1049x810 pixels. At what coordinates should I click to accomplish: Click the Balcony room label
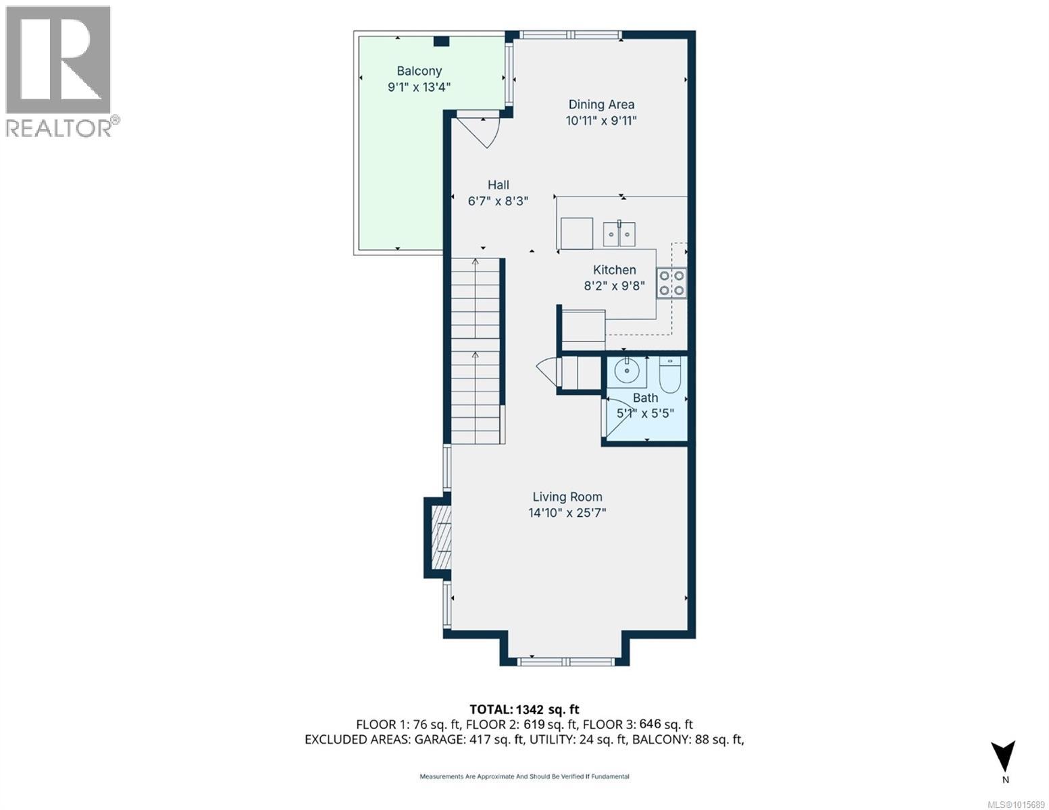tap(419, 71)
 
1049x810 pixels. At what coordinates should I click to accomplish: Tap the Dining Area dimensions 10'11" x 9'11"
tap(601, 121)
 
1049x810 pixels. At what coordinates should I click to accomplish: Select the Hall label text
tap(498, 185)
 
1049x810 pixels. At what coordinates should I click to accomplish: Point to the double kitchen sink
tap(619, 234)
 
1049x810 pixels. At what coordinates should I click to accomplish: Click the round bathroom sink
tap(627, 371)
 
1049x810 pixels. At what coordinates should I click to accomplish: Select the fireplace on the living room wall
tap(438, 537)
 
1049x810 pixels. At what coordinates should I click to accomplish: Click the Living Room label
tap(567, 497)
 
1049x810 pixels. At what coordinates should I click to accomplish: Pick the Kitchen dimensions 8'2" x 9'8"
tap(615, 286)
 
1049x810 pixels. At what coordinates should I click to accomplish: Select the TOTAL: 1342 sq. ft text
tap(524, 709)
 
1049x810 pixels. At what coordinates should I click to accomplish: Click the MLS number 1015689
tap(1017, 805)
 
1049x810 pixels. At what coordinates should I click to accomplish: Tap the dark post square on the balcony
tap(441, 41)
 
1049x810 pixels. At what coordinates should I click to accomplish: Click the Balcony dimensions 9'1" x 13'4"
tap(419, 87)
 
